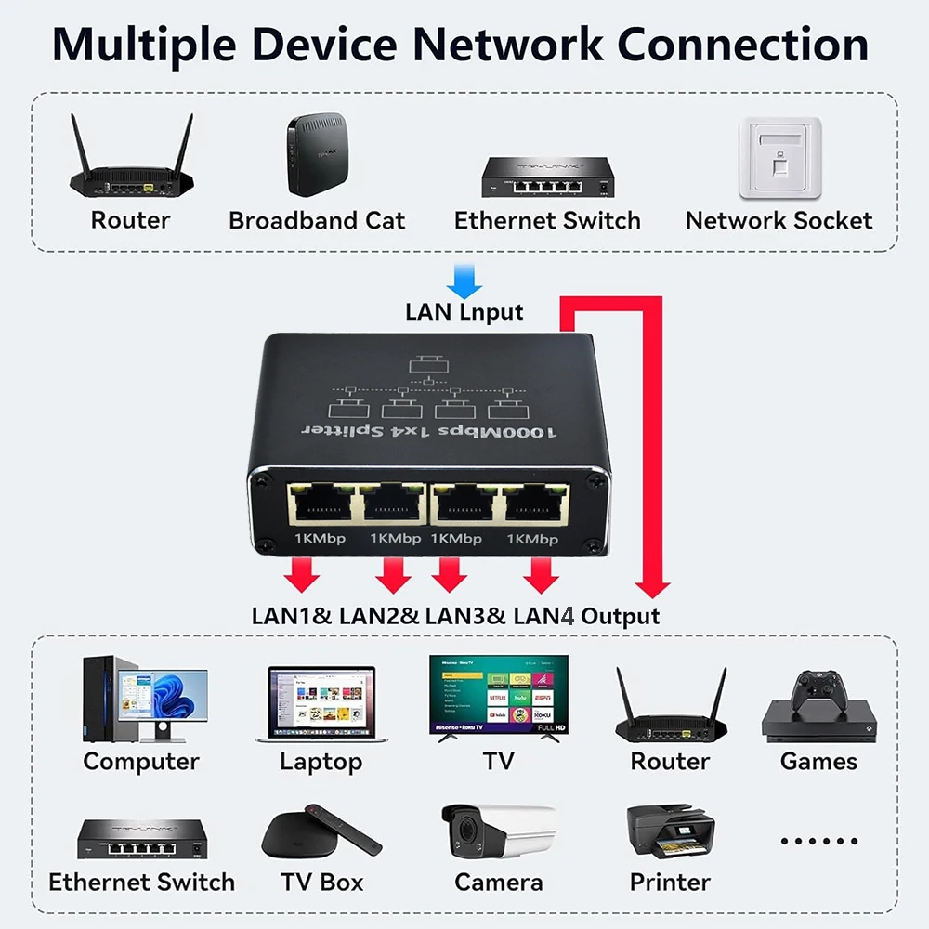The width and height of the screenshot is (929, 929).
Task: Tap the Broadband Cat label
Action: click(x=317, y=221)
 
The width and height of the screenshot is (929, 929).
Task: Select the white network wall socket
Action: click(x=779, y=158)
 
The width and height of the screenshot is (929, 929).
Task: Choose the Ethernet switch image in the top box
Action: click(x=547, y=177)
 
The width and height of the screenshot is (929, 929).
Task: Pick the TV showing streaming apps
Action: click(x=499, y=695)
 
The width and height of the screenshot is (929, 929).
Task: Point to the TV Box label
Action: click(x=321, y=882)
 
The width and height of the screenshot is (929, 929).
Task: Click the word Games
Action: click(x=818, y=762)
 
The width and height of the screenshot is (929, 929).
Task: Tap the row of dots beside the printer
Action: click(x=818, y=841)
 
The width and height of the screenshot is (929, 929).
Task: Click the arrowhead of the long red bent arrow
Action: click(x=656, y=587)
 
